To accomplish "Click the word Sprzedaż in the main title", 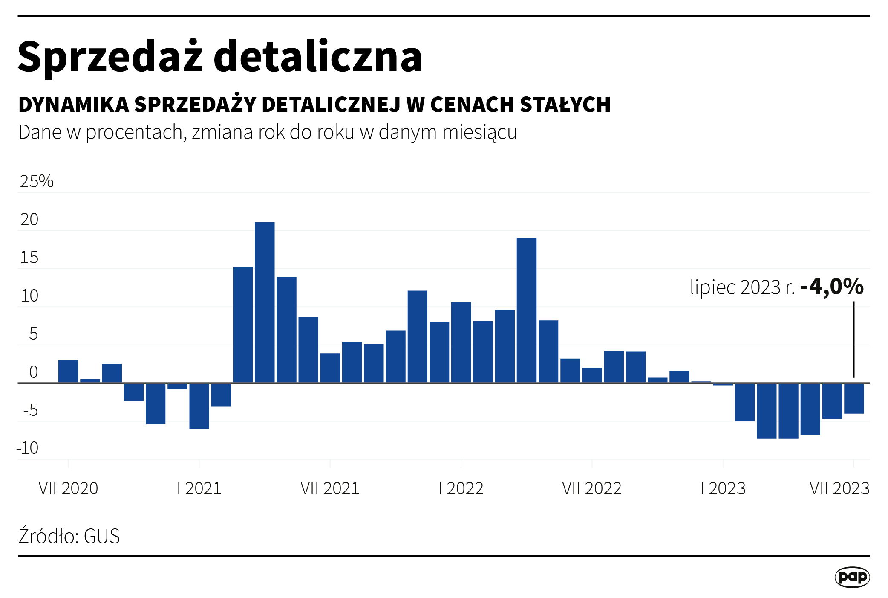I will pos(110,57).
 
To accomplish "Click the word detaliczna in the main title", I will pos(317,57).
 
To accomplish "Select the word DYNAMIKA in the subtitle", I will pos(74,105).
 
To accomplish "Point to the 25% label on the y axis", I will pos(37,181).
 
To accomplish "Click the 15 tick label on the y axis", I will pos(29,258).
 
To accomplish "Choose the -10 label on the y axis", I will pos(28,448).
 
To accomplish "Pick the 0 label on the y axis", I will pos(33,372).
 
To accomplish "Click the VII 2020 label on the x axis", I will pos(68,488).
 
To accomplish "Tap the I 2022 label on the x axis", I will pos(461,488).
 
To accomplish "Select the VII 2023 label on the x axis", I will pos(839,488).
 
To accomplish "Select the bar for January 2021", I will pos(199,406).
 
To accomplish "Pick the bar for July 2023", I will pos(853,398).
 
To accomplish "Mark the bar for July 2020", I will pos(68,372).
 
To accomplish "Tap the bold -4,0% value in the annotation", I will pos(832,286).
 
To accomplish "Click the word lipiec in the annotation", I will pos(713,287).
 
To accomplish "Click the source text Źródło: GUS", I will pos(69,536).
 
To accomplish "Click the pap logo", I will pos(852,577).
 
